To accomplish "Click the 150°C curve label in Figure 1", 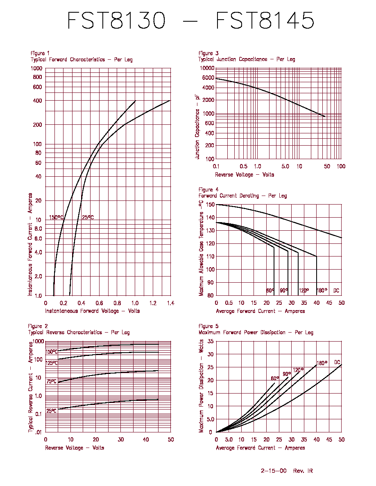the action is pyautogui.click(x=56, y=217).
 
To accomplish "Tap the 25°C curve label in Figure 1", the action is pyautogui.click(x=88, y=217).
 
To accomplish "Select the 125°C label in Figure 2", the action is pyautogui.click(x=52, y=362).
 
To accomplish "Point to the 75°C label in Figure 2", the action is pyautogui.click(x=52, y=381).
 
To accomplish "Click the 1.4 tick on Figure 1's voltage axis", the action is pyautogui.click(x=171, y=303).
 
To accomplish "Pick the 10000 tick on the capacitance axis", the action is pyautogui.click(x=207, y=68).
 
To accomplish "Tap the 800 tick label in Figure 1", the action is pyautogui.click(x=37, y=77).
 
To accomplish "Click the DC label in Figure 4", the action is pyautogui.click(x=336, y=290).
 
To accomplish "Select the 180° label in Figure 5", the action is pyautogui.click(x=322, y=363).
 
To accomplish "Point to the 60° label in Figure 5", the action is pyautogui.click(x=275, y=378).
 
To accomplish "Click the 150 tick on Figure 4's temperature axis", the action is pyautogui.click(x=210, y=204).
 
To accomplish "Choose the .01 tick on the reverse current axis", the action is pyautogui.click(x=38, y=432).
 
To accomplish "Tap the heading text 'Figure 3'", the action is pyautogui.click(x=208, y=53).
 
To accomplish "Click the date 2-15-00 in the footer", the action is pyautogui.click(x=274, y=470).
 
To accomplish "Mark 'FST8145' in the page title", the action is pyautogui.click(x=265, y=20).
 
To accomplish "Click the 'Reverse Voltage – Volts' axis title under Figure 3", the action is pyautogui.click(x=245, y=175).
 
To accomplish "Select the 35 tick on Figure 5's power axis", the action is pyautogui.click(x=211, y=341).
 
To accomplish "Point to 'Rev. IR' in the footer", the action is pyautogui.click(x=303, y=470).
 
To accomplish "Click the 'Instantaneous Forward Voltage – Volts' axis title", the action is pyautogui.click(x=93, y=311).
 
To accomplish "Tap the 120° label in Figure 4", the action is pyautogui.click(x=304, y=290).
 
